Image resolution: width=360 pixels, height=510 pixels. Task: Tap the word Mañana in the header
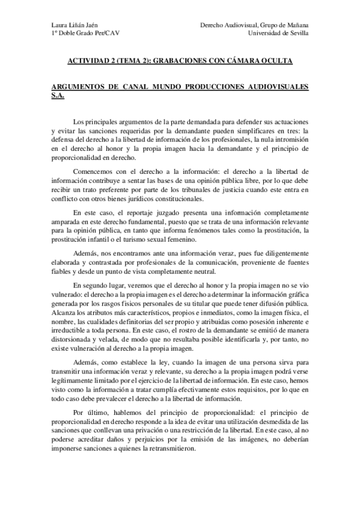click(x=296, y=25)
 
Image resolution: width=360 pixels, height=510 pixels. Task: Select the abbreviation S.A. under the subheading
click(x=58, y=96)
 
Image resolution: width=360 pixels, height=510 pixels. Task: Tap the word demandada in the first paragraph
click(x=223, y=121)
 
